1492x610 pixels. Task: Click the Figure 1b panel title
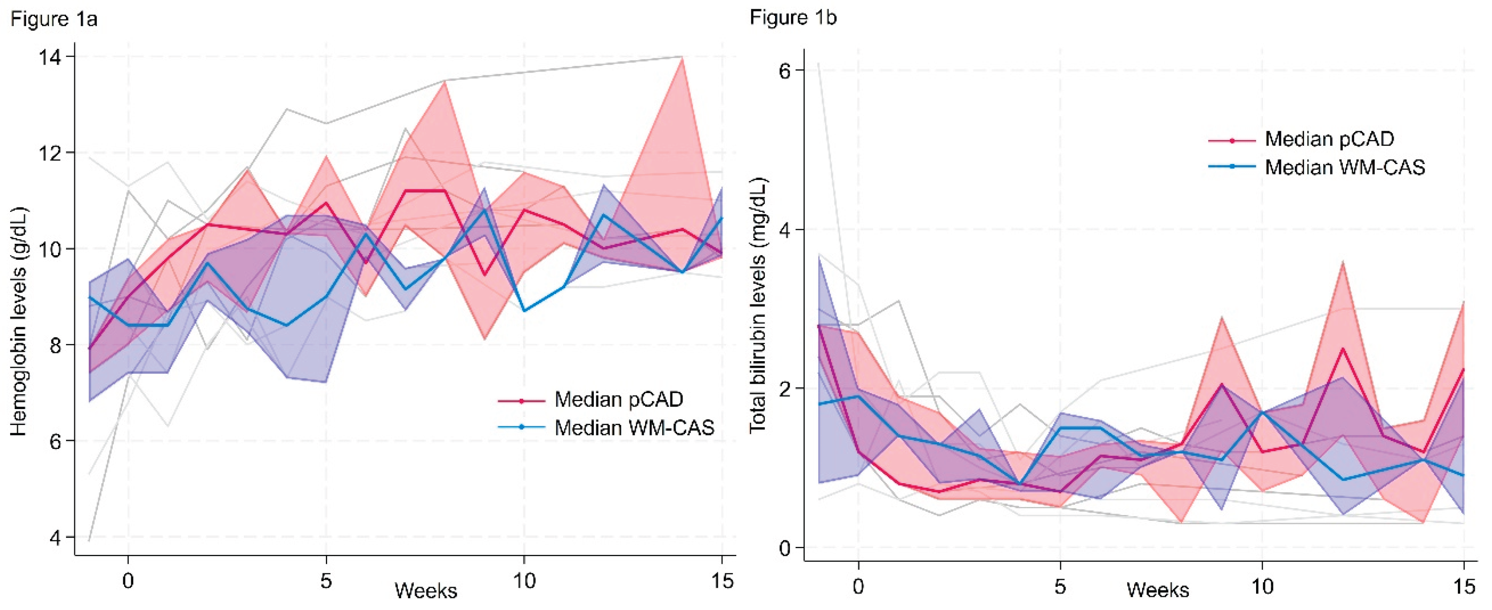tap(793, 18)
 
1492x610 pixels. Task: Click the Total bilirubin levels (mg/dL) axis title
tap(758, 305)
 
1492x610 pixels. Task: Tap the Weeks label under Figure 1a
tap(426, 591)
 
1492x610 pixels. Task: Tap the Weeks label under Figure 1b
tap(1158, 590)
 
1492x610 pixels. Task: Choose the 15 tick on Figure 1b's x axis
tap(1464, 586)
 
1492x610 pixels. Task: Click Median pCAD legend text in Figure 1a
tap(619, 399)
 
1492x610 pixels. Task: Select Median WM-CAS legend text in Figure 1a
tap(634, 428)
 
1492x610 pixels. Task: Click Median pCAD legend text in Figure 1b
tap(1329, 139)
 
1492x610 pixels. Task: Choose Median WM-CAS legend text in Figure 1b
tap(1345, 167)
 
